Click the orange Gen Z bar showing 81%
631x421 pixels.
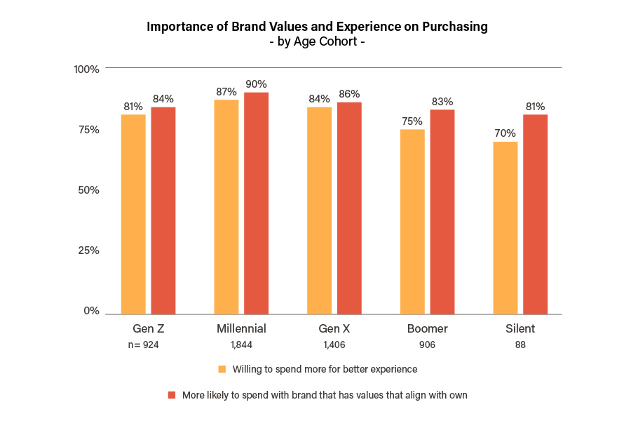click(133, 214)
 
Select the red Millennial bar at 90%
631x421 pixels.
click(256, 203)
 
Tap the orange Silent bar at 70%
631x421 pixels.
click(505, 228)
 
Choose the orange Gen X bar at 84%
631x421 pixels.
click(319, 210)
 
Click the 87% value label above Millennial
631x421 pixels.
click(226, 92)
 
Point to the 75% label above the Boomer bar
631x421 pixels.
click(412, 121)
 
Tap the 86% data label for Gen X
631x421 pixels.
click(349, 94)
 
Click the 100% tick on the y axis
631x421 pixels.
click(87, 69)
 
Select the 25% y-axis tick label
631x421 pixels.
click(89, 250)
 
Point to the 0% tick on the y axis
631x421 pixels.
click(91, 311)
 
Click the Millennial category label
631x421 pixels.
click(241, 328)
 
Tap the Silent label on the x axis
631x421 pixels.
click(520, 328)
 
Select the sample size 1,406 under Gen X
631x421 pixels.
click(334, 345)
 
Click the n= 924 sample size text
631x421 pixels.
click(143, 345)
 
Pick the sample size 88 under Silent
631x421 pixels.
click(520, 345)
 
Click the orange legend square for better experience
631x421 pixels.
click(222, 369)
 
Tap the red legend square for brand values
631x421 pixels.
click(172, 395)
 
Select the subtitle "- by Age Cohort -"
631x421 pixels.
click(316, 41)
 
